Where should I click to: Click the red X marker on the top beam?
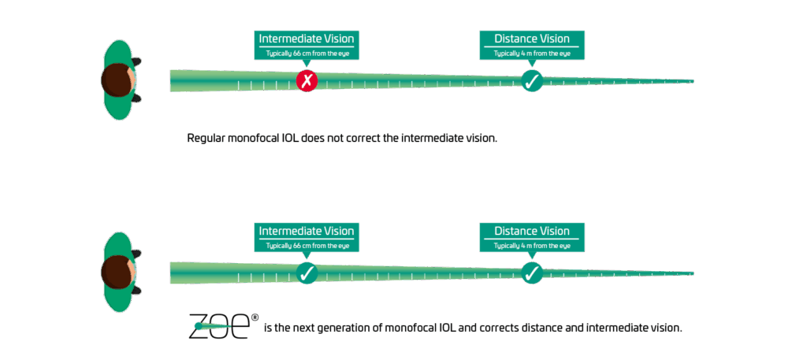(x=307, y=81)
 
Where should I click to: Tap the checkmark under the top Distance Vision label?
(x=532, y=80)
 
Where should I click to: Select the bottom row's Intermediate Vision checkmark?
(x=307, y=273)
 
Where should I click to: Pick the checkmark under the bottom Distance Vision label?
(x=532, y=273)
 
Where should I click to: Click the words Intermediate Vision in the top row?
(x=307, y=39)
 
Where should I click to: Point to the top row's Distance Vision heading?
(x=532, y=39)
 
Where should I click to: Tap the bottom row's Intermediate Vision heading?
(x=307, y=231)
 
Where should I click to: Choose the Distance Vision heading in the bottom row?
(x=532, y=231)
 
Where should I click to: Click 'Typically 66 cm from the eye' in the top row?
(x=307, y=54)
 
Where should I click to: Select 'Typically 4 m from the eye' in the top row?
(x=532, y=54)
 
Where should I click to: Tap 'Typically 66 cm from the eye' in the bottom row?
(x=307, y=246)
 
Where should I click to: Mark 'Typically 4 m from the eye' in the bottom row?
(x=532, y=246)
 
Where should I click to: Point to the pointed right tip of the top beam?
(x=692, y=81)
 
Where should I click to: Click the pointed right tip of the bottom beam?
(x=692, y=273)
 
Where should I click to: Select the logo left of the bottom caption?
(x=224, y=325)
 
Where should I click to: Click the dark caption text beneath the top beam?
(x=340, y=139)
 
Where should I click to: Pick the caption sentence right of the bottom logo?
(x=471, y=327)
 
